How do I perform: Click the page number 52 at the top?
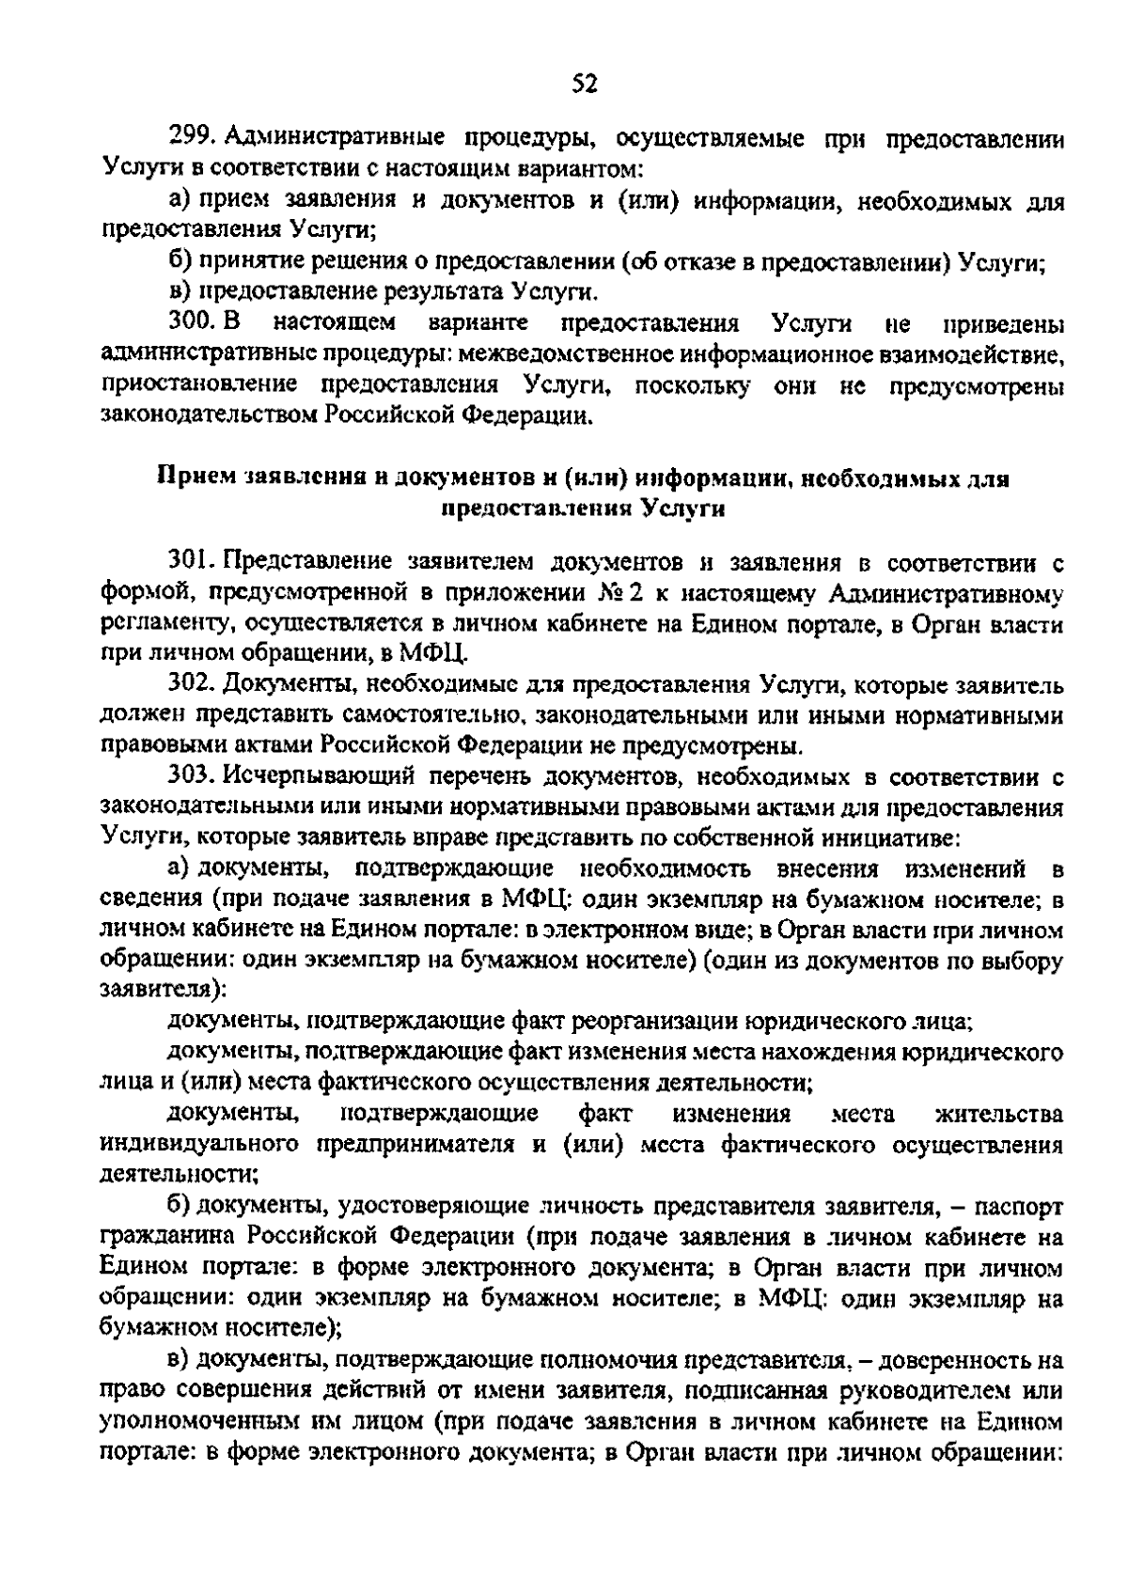[584, 85]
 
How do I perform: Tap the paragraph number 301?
[191, 562]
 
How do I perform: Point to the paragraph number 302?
[193, 682]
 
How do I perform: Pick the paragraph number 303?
[193, 776]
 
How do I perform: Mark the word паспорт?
[1020, 1206]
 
